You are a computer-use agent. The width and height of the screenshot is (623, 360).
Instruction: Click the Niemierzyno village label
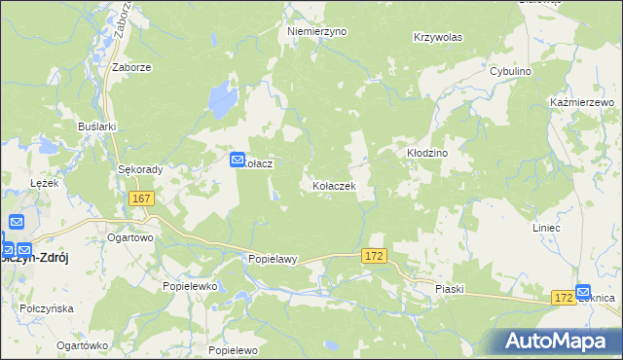click(x=316, y=31)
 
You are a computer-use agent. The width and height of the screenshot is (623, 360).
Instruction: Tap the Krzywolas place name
click(x=437, y=37)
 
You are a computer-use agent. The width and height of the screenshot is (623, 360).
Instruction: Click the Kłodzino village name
click(x=425, y=154)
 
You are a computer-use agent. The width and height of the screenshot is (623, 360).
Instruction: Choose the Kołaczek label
click(x=333, y=185)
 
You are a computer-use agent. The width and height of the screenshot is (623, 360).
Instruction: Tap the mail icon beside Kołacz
click(x=237, y=160)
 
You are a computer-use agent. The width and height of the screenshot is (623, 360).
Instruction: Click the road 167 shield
click(x=140, y=198)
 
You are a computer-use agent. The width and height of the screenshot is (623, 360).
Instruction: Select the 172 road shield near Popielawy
click(x=375, y=255)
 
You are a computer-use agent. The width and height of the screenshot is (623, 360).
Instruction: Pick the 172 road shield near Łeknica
click(x=561, y=295)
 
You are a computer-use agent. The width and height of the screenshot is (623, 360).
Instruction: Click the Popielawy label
click(x=272, y=260)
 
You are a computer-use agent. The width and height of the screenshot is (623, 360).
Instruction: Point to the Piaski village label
click(x=450, y=289)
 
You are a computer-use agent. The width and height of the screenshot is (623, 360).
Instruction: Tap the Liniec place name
click(x=572, y=228)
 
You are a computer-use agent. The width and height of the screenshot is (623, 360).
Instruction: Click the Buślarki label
click(x=97, y=126)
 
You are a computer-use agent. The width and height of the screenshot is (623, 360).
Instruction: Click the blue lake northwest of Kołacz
click(x=222, y=97)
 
